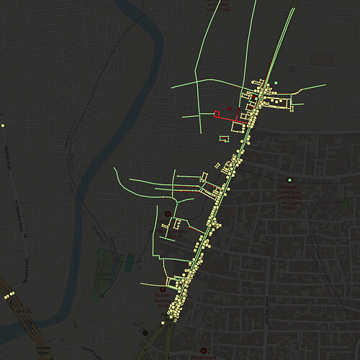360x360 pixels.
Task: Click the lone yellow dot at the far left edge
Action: point(3,125)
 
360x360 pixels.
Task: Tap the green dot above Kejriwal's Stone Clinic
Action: point(289,179)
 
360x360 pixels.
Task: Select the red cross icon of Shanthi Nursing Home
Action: point(161,289)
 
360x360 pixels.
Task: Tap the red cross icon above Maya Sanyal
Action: point(168,214)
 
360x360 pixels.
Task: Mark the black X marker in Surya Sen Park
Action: point(102,295)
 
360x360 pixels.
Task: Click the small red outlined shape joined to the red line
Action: point(217,113)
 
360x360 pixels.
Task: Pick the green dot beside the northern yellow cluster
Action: point(276,84)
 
